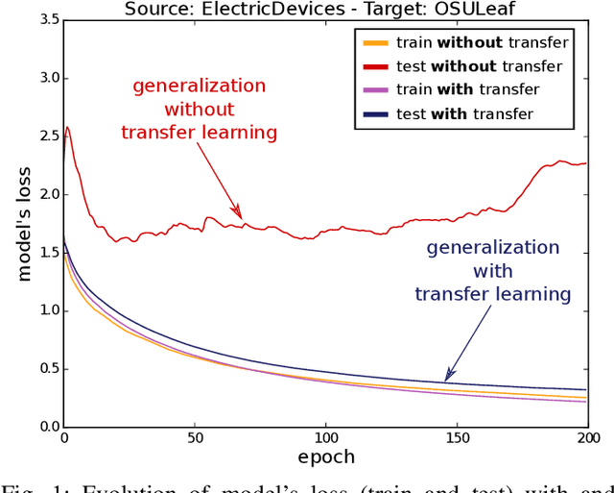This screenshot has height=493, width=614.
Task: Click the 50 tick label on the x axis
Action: click(195, 439)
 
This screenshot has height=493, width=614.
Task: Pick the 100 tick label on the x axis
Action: click(326, 439)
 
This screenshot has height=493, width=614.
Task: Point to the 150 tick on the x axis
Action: click(457, 439)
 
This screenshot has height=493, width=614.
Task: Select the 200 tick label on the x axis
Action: click(587, 439)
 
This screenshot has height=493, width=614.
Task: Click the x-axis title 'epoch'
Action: click(326, 457)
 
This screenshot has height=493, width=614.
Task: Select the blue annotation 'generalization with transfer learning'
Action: click(493, 270)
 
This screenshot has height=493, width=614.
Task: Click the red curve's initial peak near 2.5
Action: click(66, 127)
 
